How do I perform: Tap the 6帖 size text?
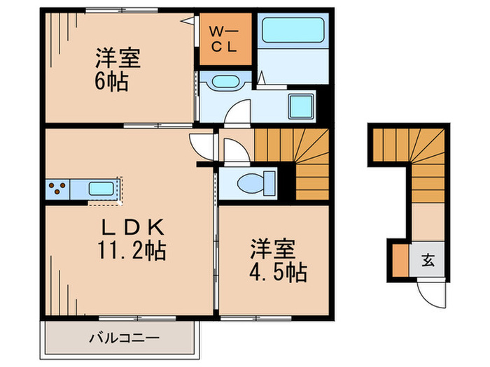tap(111, 82)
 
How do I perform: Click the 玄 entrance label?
tap(427, 262)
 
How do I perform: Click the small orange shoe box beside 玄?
tap(398, 260)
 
